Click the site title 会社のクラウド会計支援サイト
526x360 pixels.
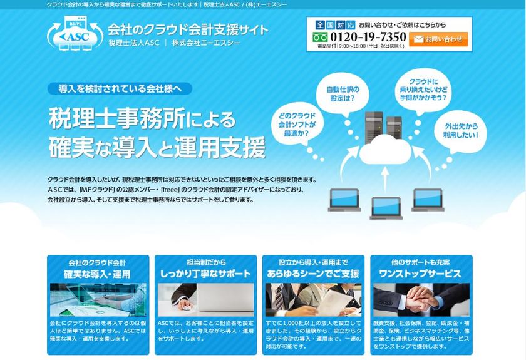click(x=188, y=29)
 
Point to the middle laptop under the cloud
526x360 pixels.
click(x=386, y=207)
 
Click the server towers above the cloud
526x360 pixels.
click(x=384, y=125)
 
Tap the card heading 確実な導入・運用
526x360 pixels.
click(x=97, y=274)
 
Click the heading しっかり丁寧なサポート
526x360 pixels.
click(x=205, y=274)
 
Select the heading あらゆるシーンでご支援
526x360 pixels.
click(x=312, y=274)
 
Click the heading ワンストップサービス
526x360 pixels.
click(x=420, y=274)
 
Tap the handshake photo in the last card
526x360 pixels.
click(x=420, y=300)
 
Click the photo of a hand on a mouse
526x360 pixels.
click(x=205, y=300)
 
